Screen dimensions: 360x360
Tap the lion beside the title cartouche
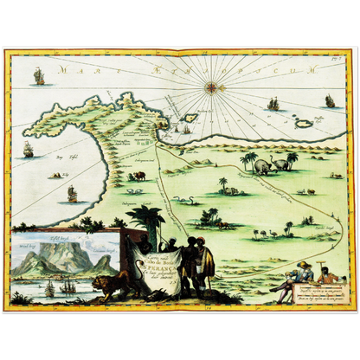110,283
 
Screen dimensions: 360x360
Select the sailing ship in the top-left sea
38,76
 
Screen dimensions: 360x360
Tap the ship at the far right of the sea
329,101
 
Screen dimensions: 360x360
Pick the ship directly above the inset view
72,193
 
